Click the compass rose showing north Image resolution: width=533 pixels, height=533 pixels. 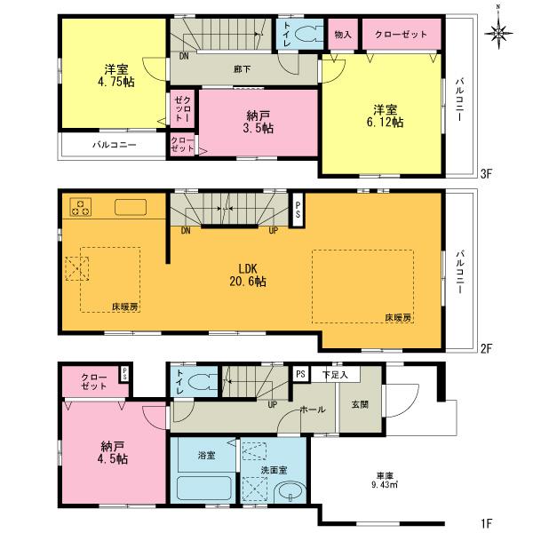tap(500, 34)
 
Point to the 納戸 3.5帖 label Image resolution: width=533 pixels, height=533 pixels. tap(259, 122)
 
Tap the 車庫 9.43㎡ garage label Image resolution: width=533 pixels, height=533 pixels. tap(383, 481)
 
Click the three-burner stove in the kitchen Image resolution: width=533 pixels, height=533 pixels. tap(81, 208)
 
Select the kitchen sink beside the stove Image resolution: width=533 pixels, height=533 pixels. tap(131, 208)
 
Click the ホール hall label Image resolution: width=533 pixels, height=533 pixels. tap(310, 410)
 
